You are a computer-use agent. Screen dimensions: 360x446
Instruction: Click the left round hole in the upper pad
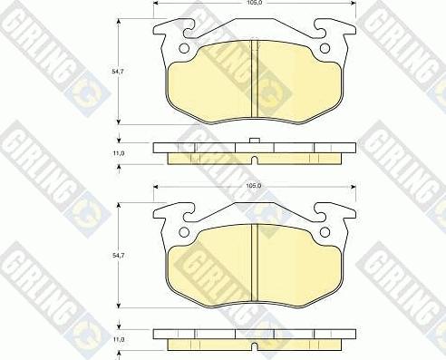pos(186,48)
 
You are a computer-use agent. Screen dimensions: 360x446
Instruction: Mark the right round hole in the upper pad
pos(324,48)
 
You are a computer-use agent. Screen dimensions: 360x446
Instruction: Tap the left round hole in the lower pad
pos(186,230)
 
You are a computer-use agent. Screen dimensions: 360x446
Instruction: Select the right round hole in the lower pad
pos(324,230)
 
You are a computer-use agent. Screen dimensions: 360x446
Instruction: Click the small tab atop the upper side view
pos(255,140)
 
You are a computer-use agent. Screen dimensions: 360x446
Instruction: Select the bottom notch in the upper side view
pos(255,161)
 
